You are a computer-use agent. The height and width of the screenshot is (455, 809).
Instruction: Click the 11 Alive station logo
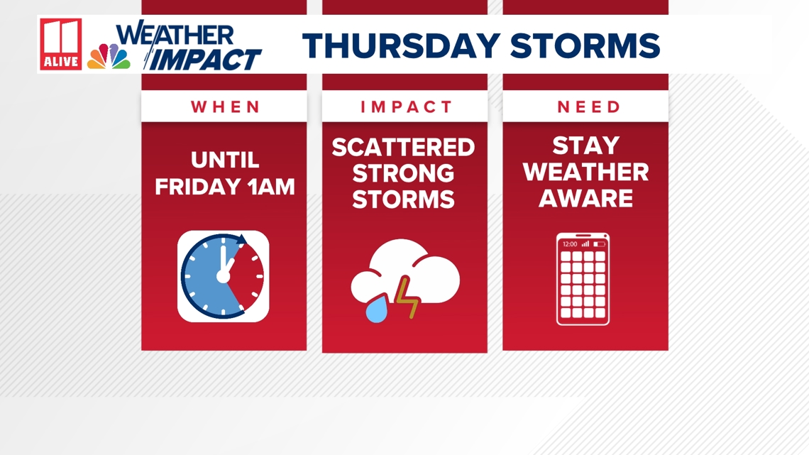coord(60,44)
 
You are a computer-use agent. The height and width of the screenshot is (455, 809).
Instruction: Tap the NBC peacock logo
coord(109,56)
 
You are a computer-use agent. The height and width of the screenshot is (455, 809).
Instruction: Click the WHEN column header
coord(226,107)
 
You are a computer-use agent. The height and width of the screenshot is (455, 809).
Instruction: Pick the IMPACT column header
coord(406,107)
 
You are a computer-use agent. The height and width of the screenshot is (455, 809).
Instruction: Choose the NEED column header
coord(588,107)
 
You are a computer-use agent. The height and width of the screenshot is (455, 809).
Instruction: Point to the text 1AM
coord(270,187)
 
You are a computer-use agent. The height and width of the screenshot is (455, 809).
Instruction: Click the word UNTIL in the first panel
coord(225,160)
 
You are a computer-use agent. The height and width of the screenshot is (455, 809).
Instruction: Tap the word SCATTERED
coord(403,148)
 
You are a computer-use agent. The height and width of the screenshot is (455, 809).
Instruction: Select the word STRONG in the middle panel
coord(403,173)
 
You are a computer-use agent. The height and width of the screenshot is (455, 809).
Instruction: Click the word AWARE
coord(585,199)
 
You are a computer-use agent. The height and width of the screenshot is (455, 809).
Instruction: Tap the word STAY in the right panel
coord(585,146)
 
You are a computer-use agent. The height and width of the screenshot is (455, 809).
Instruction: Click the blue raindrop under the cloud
coord(375,310)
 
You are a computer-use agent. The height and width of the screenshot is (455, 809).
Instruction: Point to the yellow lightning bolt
coord(407,299)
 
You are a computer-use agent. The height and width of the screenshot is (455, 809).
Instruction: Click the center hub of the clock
coord(223,276)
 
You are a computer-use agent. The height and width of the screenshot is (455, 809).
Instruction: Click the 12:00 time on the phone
coord(569,244)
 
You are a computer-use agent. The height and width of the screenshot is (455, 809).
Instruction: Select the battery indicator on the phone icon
coord(599,244)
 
